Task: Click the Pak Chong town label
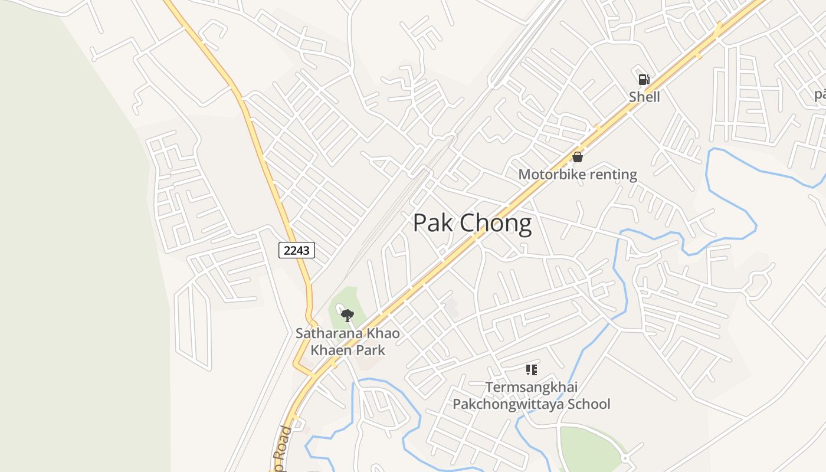(472, 224)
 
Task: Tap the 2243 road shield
(297, 250)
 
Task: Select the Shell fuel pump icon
(644, 80)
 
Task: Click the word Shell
(644, 97)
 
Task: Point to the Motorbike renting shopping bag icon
(578, 157)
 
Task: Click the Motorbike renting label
(578, 175)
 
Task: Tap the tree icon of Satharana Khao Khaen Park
(348, 316)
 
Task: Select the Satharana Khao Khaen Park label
(348, 342)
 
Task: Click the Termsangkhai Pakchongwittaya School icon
(531, 370)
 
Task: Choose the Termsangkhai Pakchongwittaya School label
(531, 396)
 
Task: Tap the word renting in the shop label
(615, 175)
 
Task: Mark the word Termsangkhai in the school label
(531, 388)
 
